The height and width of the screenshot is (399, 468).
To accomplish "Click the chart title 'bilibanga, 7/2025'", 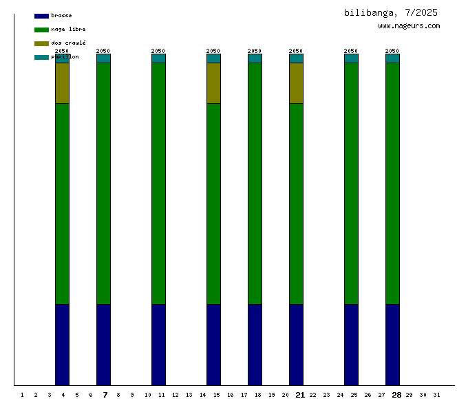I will (x=390, y=12).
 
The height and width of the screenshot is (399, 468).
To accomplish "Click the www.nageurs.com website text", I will (x=409, y=26).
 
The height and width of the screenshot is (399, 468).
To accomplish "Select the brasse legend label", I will (x=61, y=15).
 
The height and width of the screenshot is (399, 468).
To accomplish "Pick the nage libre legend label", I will (x=68, y=29).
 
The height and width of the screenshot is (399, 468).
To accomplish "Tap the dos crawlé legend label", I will (x=68, y=43).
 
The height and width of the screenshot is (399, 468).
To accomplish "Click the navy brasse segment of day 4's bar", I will (x=62, y=344).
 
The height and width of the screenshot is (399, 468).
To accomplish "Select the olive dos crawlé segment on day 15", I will (x=213, y=83).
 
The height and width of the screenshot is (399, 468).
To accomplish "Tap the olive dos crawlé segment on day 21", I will (x=296, y=83).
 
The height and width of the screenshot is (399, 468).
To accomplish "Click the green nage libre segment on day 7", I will (x=103, y=183).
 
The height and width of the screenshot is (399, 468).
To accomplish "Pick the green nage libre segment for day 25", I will (x=351, y=183).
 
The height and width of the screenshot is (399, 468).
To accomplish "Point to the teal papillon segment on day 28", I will (x=392, y=58).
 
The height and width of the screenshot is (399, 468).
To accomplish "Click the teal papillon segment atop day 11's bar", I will (x=158, y=58).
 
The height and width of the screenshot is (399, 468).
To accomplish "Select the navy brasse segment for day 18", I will (x=255, y=344).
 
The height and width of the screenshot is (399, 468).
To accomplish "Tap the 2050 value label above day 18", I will (x=255, y=51).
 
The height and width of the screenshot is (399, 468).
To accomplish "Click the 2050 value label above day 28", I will (x=392, y=51).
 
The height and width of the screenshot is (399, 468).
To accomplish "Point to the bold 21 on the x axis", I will (x=300, y=395).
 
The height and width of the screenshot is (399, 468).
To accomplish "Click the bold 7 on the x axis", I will (x=105, y=395).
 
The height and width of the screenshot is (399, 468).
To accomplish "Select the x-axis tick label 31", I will (x=436, y=395).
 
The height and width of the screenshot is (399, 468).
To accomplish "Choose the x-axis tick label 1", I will (x=22, y=395).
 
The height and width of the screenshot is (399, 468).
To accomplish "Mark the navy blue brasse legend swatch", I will (x=41, y=16).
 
